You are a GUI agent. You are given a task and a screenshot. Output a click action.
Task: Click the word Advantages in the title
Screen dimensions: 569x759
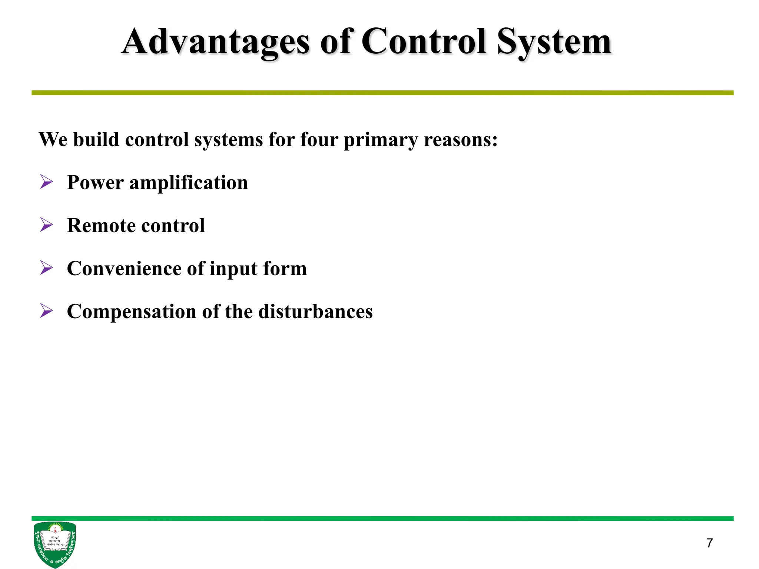pos(215,43)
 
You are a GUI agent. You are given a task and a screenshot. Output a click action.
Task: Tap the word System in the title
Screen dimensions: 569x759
pos(554,43)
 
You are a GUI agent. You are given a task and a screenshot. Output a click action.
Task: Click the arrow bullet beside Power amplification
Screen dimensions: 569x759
pos(46,182)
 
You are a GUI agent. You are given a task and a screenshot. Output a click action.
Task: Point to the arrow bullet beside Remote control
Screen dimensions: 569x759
pos(46,225)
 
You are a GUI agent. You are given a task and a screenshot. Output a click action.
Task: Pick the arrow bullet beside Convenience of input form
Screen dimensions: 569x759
pos(46,268)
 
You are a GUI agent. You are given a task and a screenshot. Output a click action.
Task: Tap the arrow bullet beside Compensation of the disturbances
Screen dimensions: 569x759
pos(46,311)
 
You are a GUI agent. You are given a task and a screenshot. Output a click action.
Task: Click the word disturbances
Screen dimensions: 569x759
pos(315,312)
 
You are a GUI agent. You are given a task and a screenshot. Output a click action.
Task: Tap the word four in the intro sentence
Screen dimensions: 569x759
pos(319,140)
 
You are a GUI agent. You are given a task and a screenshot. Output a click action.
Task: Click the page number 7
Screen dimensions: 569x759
pos(709,543)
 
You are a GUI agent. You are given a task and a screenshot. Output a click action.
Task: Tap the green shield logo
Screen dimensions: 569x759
pos(55,544)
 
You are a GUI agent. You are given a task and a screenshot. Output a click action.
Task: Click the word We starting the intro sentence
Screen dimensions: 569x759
pos(53,140)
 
